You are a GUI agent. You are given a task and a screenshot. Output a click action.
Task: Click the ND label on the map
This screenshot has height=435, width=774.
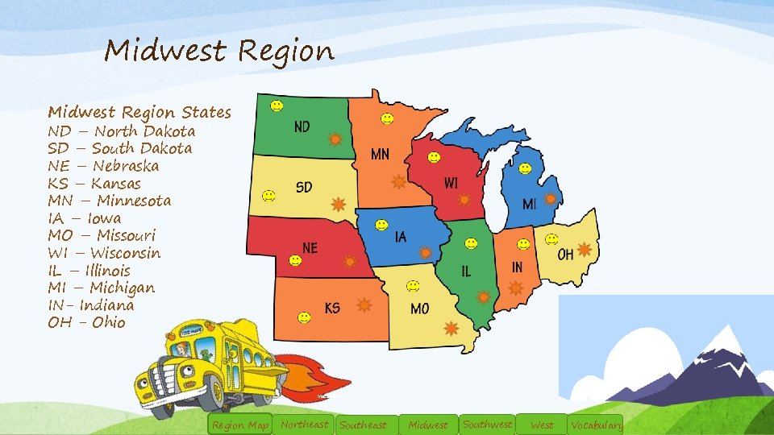[302, 127]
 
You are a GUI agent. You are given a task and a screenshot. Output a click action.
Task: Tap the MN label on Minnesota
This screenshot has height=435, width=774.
[380, 154]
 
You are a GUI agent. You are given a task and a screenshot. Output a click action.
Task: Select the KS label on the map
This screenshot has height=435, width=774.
[332, 308]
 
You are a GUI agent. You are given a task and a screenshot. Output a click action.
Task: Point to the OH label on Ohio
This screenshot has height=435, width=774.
[566, 255]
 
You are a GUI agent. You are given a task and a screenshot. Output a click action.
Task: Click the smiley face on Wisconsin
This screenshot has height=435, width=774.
[434, 157]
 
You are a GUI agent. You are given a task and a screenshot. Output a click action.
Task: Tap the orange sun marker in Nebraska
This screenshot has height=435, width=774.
[350, 261]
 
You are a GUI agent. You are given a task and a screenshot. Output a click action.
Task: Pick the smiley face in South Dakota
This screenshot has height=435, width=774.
[269, 195]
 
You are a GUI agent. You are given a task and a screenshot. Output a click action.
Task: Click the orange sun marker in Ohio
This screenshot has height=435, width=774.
[584, 250]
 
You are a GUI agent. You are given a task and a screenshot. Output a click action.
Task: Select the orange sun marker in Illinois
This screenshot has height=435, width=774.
[483, 296]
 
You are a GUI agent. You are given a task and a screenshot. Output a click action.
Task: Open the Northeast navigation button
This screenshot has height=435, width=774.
[304, 425]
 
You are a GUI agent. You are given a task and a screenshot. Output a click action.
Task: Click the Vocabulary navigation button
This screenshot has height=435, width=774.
[595, 425]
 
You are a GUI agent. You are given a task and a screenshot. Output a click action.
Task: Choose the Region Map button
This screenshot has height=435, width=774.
[239, 425]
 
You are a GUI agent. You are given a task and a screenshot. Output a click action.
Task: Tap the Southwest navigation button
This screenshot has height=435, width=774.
[487, 424]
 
